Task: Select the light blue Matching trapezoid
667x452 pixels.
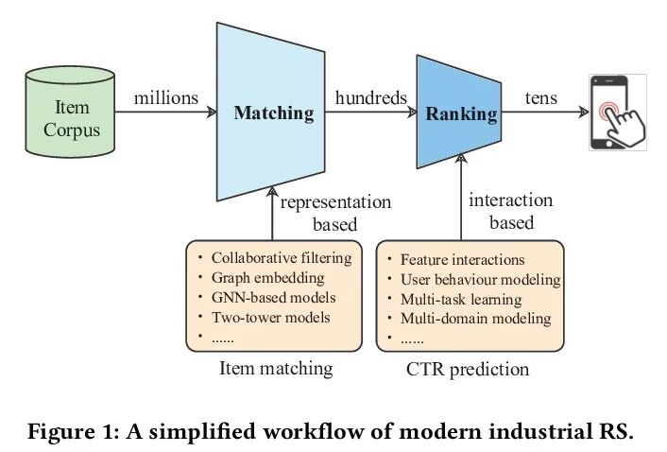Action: [273, 113]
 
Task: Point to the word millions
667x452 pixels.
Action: [166, 98]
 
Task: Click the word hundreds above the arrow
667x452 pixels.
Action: [370, 98]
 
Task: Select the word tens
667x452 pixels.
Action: [540, 98]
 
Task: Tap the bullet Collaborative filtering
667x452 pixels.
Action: [281, 258]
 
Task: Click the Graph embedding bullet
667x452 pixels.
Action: [267, 278]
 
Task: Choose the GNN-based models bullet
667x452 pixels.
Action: [273, 298]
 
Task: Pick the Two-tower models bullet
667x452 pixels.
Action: [270, 318]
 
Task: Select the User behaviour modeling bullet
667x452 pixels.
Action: [480, 280]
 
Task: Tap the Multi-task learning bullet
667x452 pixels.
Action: [460, 300]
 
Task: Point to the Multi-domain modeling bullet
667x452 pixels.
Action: [475, 319]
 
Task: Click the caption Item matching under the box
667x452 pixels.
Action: [276, 369]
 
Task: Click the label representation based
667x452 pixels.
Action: [335, 213]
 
